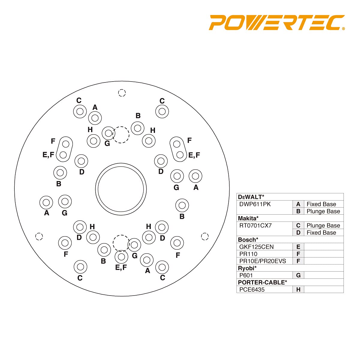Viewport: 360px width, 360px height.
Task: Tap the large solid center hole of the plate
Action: point(121,189)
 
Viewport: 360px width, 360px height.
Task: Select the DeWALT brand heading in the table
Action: point(251,197)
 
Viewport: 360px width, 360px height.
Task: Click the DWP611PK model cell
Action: point(255,204)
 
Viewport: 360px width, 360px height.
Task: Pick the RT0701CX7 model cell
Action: point(255,225)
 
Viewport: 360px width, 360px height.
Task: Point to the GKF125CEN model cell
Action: point(256,247)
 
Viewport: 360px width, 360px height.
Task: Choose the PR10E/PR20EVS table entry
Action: point(263,261)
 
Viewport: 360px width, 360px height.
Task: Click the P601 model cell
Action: point(246,275)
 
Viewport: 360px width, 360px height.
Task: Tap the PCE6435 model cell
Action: point(252,290)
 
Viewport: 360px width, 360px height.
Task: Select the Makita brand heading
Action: point(248,218)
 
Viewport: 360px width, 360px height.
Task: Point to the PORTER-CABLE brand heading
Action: point(262,282)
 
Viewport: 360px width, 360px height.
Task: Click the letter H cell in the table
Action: point(298,290)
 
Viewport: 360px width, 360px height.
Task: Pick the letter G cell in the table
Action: point(298,275)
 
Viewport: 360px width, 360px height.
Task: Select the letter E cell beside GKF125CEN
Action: point(298,247)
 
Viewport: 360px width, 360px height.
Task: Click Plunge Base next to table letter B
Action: point(323,211)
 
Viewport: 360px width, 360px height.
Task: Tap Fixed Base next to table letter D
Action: point(321,233)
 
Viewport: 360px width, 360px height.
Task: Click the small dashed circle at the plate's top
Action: point(122,93)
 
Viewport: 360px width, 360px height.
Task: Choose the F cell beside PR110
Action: point(298,254)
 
